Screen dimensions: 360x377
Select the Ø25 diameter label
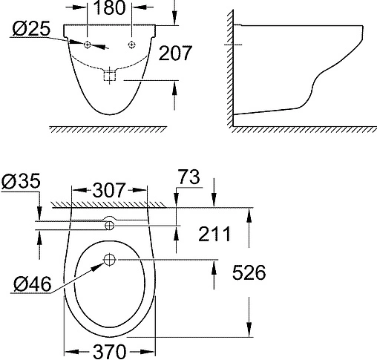31,30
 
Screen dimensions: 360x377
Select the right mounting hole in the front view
132,45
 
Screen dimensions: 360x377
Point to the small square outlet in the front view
111,75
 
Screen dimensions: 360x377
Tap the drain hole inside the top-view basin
110,260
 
